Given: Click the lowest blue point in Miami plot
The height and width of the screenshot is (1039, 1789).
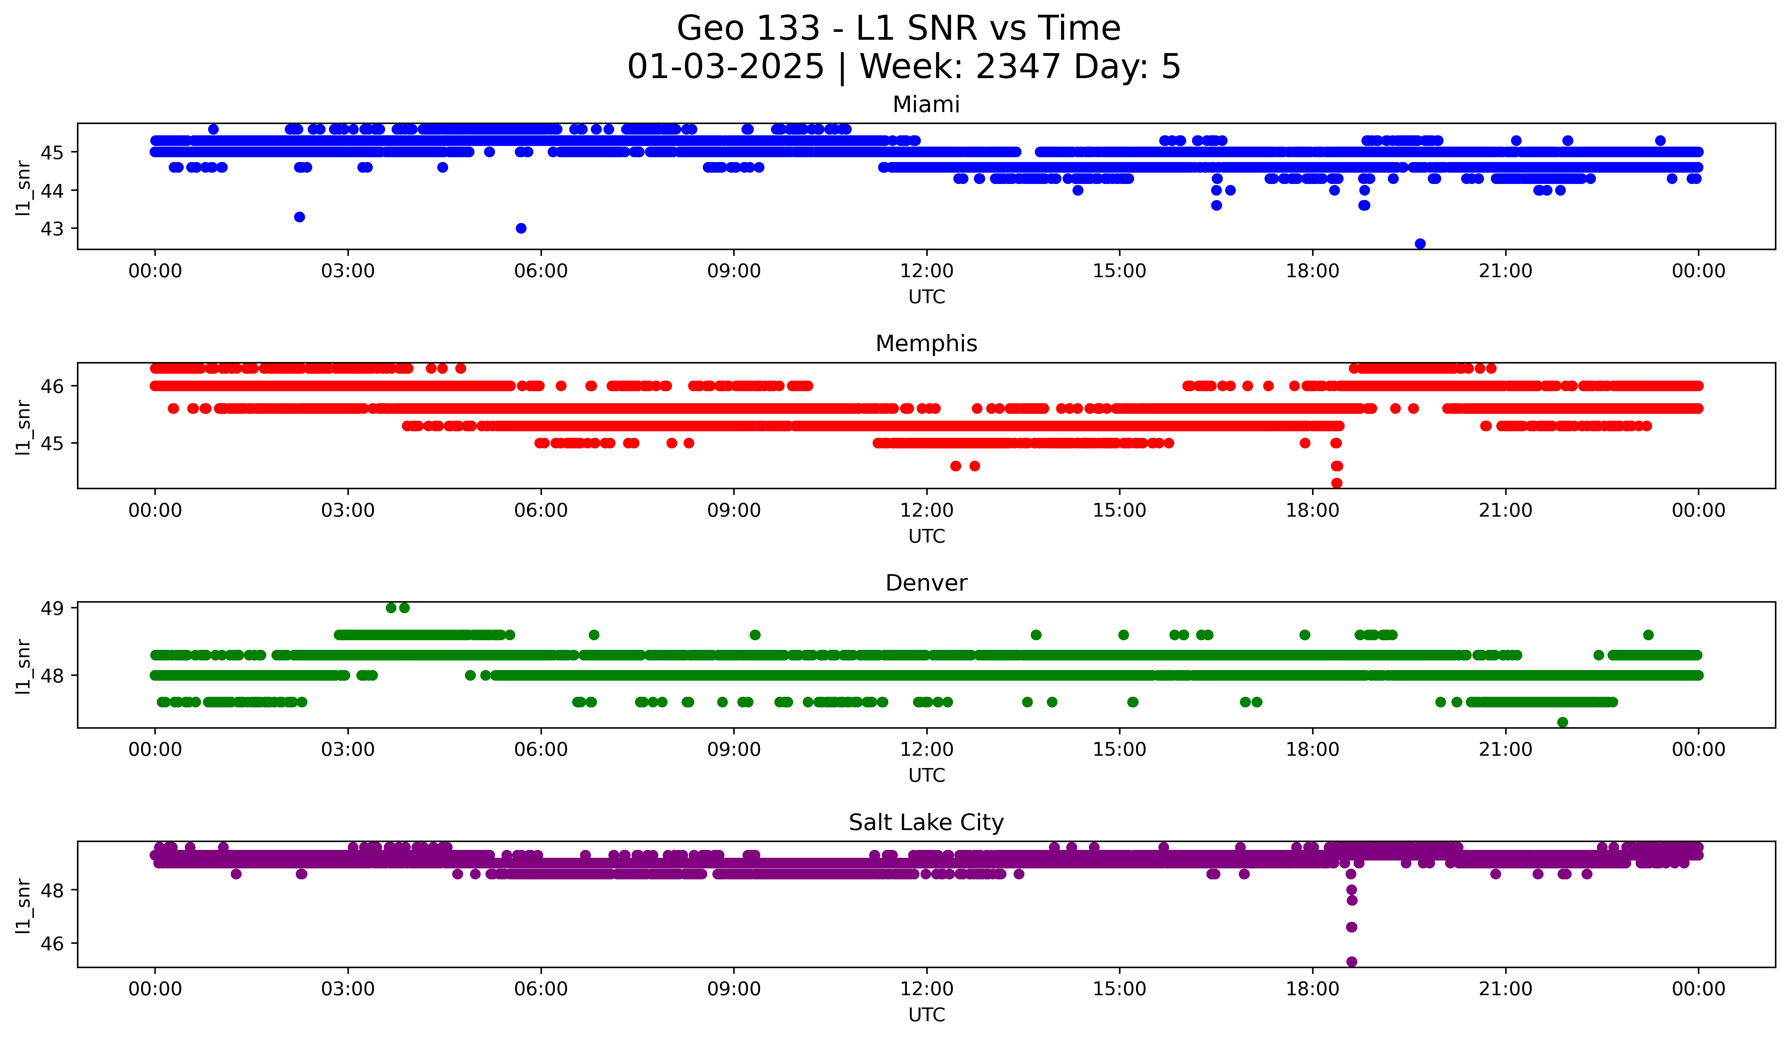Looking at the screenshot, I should [1420, 244].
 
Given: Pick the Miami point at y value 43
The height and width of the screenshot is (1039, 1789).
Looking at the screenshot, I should [521, 228].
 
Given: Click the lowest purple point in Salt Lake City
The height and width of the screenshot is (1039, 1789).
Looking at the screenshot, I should [1352, 962].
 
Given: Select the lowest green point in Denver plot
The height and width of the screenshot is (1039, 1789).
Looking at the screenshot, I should [1562, 722].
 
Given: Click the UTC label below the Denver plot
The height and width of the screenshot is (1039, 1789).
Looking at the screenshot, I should [926, 776].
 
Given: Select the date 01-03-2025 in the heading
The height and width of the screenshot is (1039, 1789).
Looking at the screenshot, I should [725, 67].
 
